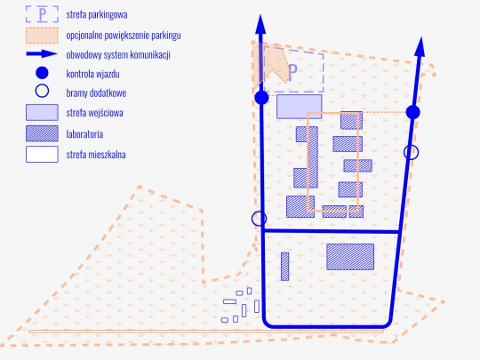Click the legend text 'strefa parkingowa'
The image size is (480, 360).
(97, 15)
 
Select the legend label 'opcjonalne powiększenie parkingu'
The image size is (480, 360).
(124, 36)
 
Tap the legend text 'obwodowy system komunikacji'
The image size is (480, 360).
(118, 55)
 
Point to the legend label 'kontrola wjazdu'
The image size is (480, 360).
(92, 74)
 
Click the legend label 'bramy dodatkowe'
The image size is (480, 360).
(96, 92)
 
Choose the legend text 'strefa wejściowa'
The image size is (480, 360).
(94, 113)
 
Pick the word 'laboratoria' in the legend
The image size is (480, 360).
(84, 134)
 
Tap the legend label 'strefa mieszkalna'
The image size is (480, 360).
(96, 155)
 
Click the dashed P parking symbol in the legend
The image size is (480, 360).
(42, 14)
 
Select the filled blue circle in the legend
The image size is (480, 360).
(42, 73)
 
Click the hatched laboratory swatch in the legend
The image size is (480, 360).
(42, 133)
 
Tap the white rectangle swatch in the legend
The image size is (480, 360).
(42, 154)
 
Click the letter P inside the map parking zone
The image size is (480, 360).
(292, 73)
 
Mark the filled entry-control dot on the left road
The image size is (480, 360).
(261, 98)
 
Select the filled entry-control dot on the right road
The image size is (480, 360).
(413, 112)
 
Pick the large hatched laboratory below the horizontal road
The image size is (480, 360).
(350, 257)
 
